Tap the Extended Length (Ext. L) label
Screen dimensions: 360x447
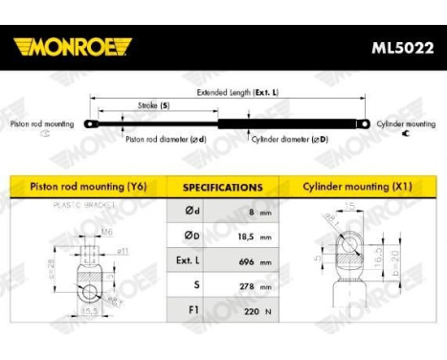[x=237, y=93]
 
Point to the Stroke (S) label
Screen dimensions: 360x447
[x=152, y=106]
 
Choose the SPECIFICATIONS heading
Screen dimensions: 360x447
[x=222, y=188]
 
